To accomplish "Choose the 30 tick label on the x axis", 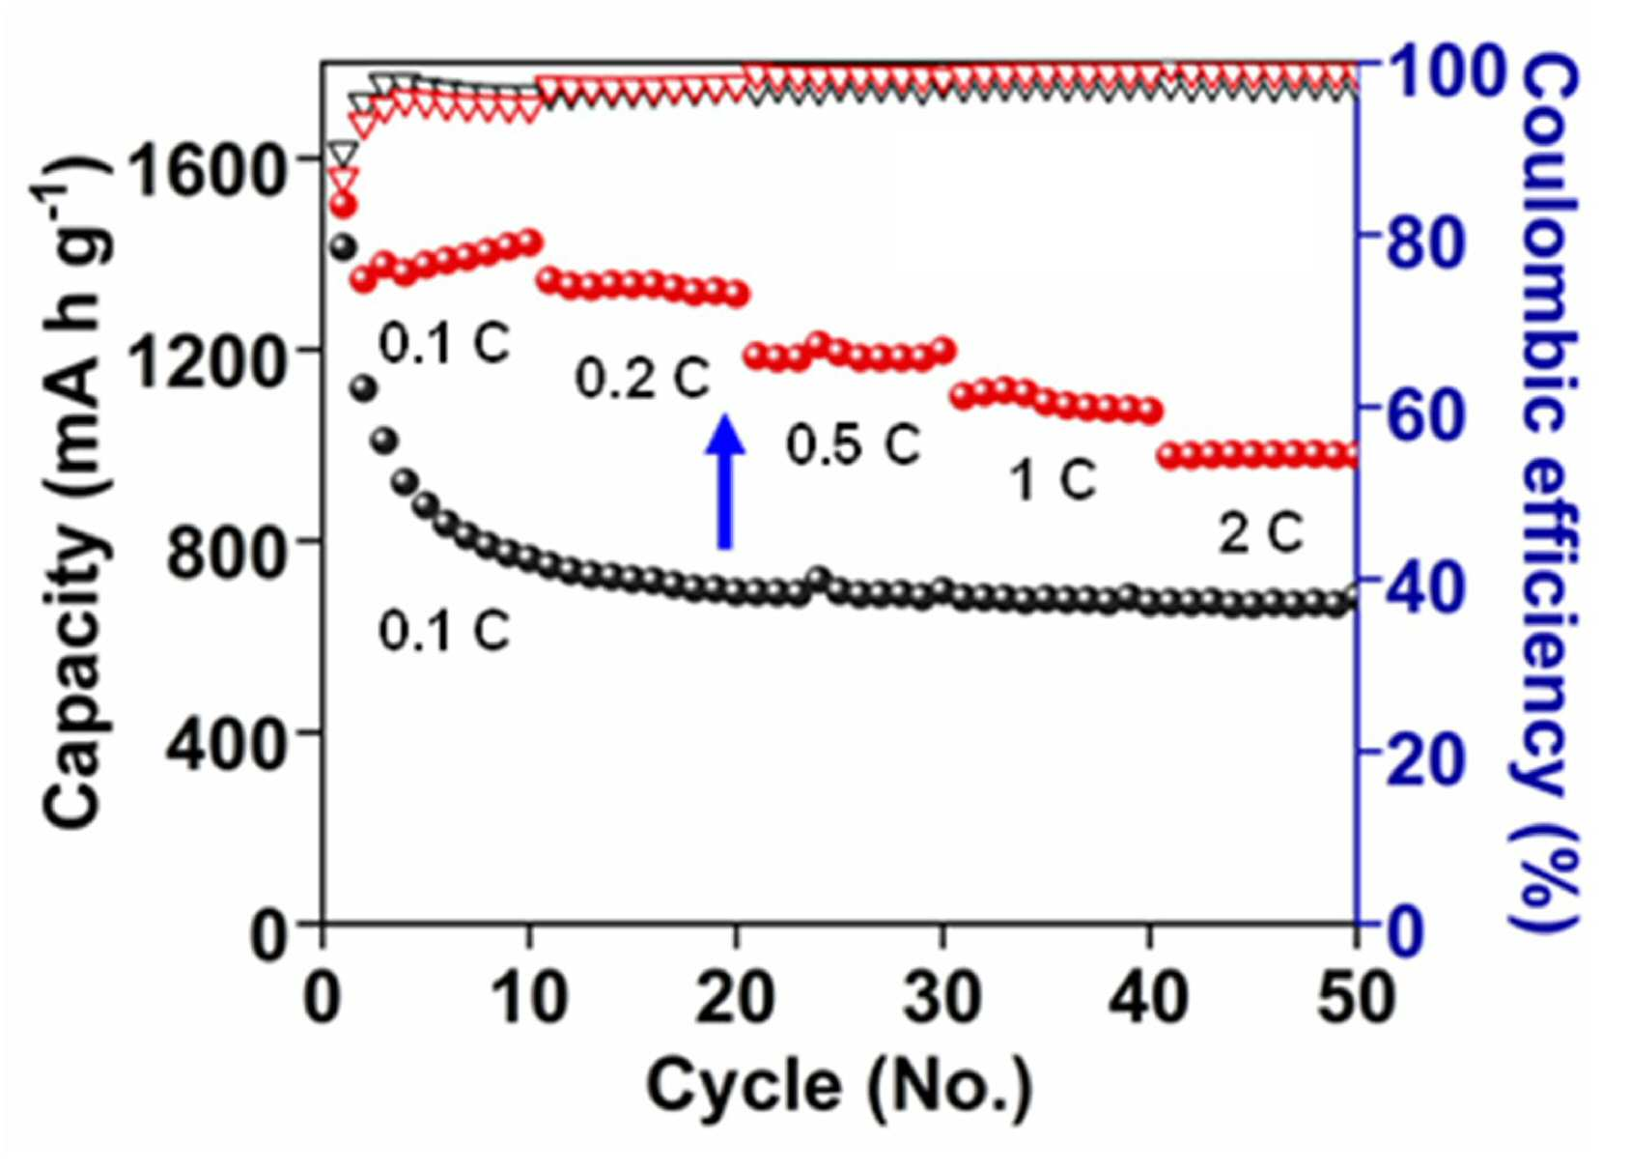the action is click(x=943, y=999).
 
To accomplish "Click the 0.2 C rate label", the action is click(x=642, y=380).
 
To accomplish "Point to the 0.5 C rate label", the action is click(x=853, y=444).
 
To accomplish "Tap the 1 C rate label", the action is click(x=1054, y=480).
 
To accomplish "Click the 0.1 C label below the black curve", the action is click(x=444, y=631).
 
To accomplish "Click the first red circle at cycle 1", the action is click(x=344, y=206).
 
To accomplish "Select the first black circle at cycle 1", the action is click(x=343, y=246).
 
